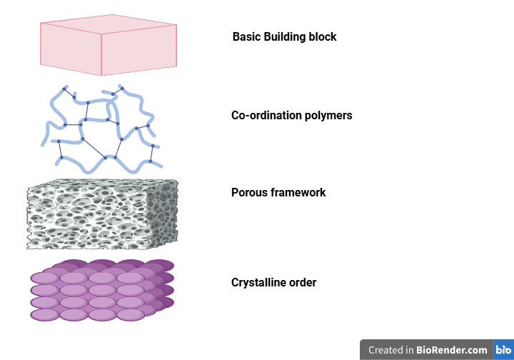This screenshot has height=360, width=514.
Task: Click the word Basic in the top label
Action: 246,36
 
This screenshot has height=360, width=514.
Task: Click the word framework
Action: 298,193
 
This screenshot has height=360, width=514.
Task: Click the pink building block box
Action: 108,46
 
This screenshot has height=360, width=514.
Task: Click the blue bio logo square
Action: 503,350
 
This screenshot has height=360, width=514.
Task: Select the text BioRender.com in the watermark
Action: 453,350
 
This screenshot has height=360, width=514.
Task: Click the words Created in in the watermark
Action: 390,350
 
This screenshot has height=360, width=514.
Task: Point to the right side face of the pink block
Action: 138,51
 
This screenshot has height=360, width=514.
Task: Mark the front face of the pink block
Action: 71,49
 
